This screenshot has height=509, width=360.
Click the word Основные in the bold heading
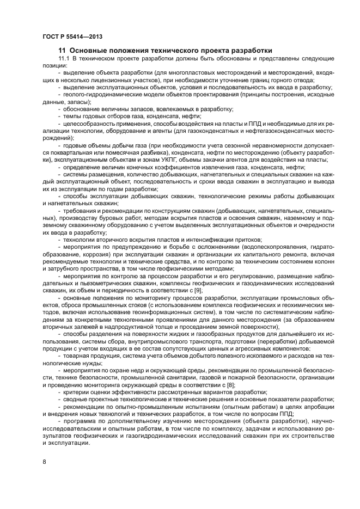click(x=89, y=51)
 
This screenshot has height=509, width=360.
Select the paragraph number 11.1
click(x=64, y=59)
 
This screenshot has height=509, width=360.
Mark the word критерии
click(x=78, y=392)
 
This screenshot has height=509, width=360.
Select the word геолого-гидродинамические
click(x=101, y=95)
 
